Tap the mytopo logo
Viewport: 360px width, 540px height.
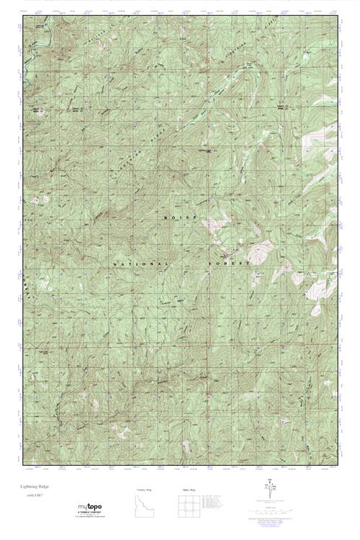(x=88, y=507)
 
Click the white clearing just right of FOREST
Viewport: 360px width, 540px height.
(x=258, y=253)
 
